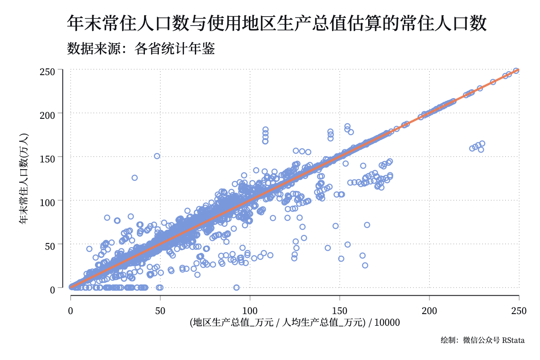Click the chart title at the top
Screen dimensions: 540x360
coord(276,23)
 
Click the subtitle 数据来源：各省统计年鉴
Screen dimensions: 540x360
coord(141,49)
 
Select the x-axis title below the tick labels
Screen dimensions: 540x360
coord(295,322)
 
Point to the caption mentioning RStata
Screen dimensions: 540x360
coord(482,340)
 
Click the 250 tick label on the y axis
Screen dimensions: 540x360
coord(47,72)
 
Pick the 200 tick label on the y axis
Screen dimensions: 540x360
coord(47,115)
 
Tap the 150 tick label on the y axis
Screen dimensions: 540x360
coord(47,159)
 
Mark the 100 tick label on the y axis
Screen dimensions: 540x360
coord(47,202)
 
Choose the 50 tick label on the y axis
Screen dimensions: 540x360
coord(50,246)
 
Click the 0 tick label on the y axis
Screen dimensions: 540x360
coord(53,290)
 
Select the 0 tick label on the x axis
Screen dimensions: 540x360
coord(70,311)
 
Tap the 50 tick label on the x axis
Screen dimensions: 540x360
coord(160,311)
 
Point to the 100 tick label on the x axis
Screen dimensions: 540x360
coord(250,311)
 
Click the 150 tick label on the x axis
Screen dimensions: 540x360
coord(339,311)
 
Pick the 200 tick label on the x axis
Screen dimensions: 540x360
coord(429,311)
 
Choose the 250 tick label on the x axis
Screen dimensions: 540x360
coord(519,311)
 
